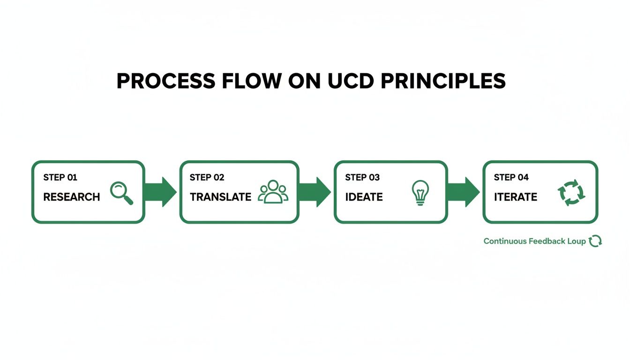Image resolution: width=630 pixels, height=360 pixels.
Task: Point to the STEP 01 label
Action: point(60,178)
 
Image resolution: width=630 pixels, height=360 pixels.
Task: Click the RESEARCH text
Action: point(71,197)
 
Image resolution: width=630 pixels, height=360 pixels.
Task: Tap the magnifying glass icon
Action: point(121,193)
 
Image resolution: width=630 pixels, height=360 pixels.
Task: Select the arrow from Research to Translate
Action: point(161,192)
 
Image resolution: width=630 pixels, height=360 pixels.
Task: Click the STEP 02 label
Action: point(207,178)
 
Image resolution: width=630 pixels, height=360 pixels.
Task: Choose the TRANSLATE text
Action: point(220,197)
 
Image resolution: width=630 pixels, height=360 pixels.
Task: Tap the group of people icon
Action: point(274,192)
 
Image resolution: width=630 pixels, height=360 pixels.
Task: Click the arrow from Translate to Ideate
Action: point(315,192)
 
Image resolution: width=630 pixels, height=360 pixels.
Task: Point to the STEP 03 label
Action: point(362,178)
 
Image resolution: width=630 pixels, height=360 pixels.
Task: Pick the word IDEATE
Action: point(364,197)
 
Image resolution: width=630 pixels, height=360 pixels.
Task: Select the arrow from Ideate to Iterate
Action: point(463,192)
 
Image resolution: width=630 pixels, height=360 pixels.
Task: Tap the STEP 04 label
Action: point(511,178)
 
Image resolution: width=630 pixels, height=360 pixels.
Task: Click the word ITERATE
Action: point(515,197)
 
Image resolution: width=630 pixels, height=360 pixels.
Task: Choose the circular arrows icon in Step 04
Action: point(571,193)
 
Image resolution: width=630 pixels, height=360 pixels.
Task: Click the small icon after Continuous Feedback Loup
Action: point(595,241)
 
